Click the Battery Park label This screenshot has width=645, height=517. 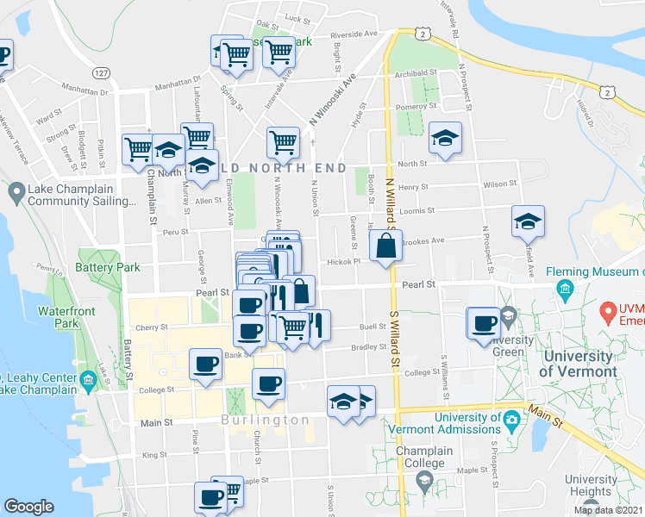coord(109,268)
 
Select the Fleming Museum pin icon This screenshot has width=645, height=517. coord(566,288)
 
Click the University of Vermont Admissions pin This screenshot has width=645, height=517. coord(511,421)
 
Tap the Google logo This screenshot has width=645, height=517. coord(28,507)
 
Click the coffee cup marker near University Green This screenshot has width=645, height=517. coord(484,324)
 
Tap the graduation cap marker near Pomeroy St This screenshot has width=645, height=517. coord(445,139)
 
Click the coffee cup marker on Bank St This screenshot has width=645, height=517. coord(207,365)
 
